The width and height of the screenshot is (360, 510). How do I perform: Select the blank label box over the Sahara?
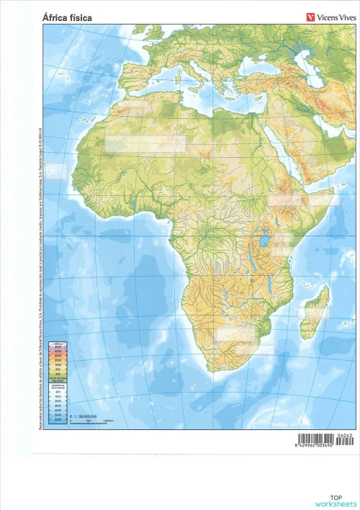pos(145,143)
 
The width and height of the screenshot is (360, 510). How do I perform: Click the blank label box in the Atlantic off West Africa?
pos(55,171)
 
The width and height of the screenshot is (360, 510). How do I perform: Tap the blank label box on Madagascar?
pos(312,313)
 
